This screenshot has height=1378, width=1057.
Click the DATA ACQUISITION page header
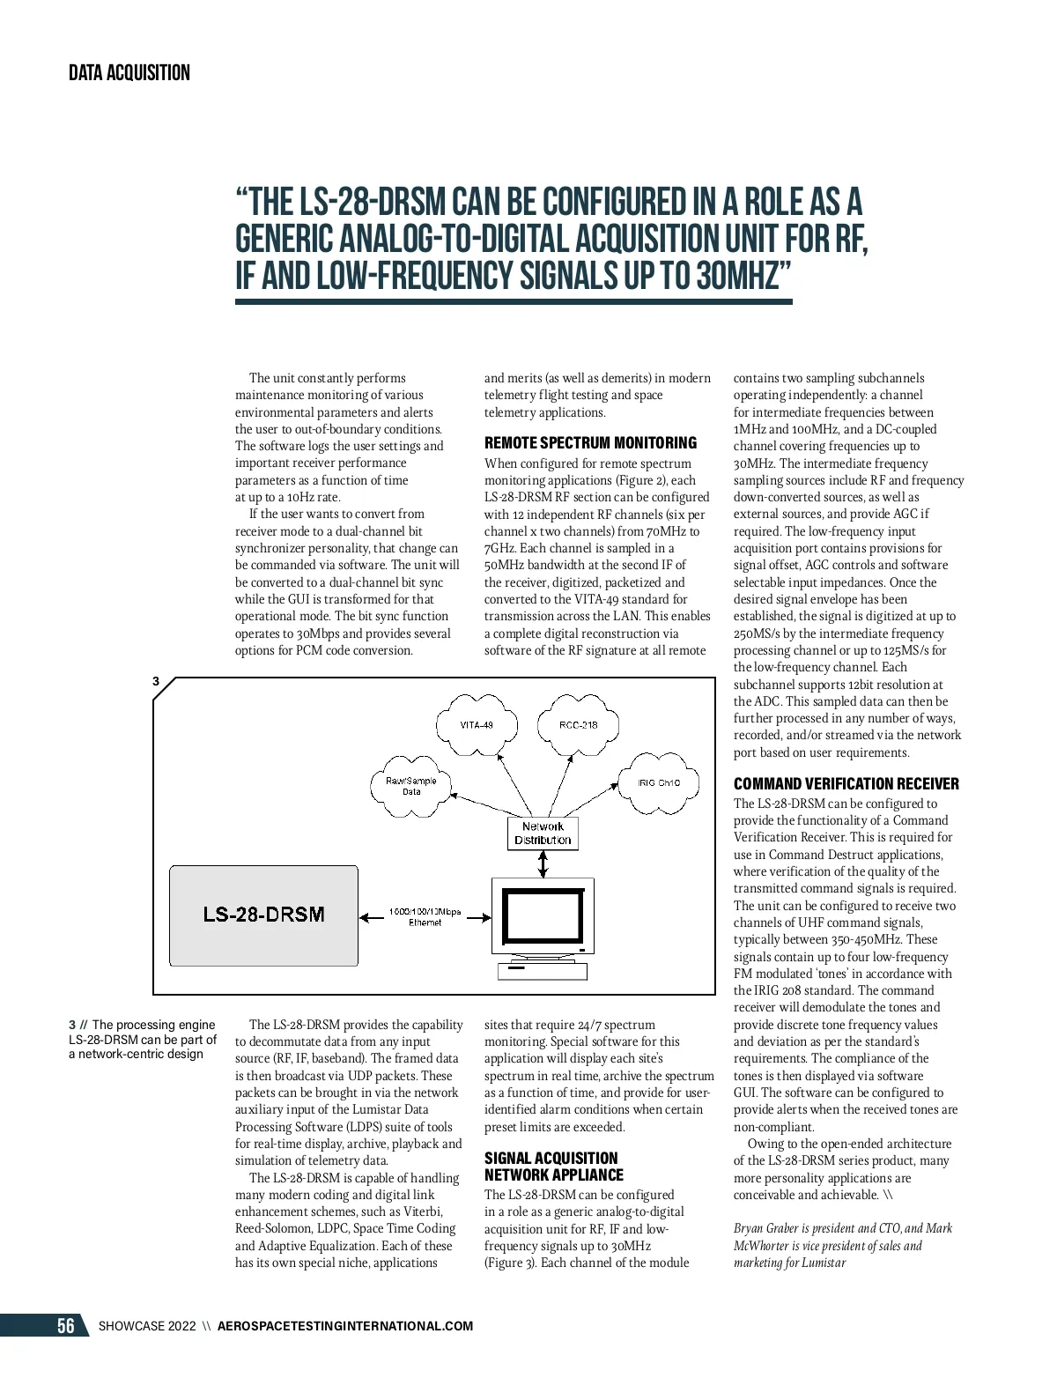pos(129,73)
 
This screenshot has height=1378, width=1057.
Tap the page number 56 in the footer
pos(66,1326)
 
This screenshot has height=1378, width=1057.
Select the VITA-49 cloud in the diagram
pos(477,725)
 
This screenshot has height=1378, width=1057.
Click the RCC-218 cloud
pos(578,725)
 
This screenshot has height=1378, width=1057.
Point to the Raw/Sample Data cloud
pos(411,786)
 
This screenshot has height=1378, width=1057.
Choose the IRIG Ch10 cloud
pos(660,782)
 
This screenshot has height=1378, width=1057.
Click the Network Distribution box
pos(543,833)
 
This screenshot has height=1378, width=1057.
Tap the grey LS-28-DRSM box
pos(264,915)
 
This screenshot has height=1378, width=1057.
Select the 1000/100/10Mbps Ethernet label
pos(425,916)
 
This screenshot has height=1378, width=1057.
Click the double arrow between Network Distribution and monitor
pos(543,864)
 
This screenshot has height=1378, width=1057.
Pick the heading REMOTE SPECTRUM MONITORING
pos(590,442)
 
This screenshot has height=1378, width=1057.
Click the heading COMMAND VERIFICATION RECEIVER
pos(846,783)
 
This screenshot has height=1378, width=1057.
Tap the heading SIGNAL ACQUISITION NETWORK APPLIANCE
pos(553,1167)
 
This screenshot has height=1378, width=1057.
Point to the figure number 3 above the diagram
pos(156,681)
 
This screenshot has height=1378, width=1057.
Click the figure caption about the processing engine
pos(143,1039)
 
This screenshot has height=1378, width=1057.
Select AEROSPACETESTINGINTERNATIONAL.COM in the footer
pos(344,1326)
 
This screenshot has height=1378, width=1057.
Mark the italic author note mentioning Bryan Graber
pos(843,1245)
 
